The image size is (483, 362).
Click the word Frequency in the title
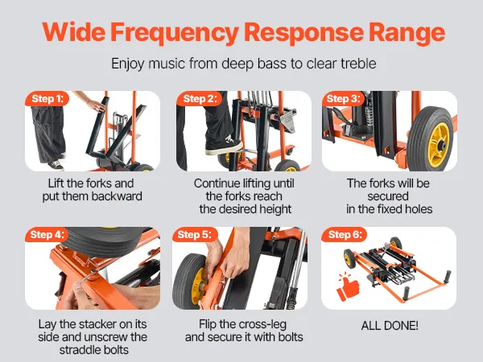click(x=175, y=33)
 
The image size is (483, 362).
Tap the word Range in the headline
click(x=407, y=33)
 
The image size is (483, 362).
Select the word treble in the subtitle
click(x=358, y=64)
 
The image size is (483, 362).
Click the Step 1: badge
click(x=47, y=98)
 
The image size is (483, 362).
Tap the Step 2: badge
click(x=200, y=98)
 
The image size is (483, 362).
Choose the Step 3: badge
click(x=343, y=98)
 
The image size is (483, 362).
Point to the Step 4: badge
click(x=47, y=235)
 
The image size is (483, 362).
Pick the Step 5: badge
click(x=195, y=235)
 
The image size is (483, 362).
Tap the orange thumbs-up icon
click(x=348, y=286)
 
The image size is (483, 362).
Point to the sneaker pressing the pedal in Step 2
click(x=224, y=146)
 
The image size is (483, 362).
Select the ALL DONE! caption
click(x=390, y=325)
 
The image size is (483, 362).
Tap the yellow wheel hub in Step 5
click(x=198, y=286)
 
